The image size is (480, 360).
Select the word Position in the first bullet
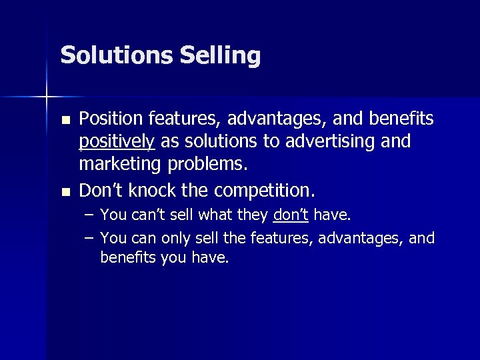(107, 119)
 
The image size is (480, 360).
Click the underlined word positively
(117, 142)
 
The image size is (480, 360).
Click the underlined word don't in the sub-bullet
(291, 215)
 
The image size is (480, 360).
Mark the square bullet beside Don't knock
(65, 192)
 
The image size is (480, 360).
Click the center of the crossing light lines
(47, 97)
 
